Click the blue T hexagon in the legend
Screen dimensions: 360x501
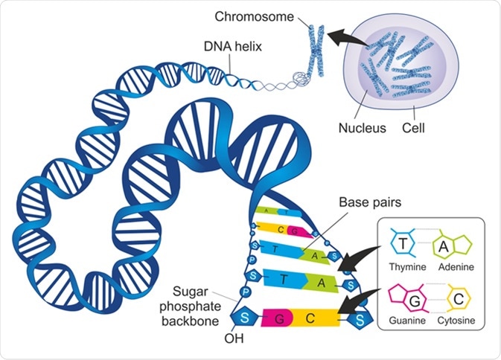(x=403, y=245)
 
